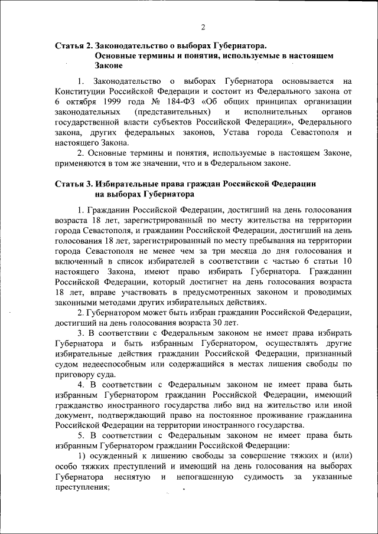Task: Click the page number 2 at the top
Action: [x=203, y=27]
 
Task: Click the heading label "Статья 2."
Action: [x=73, y=45]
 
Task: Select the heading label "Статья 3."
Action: [x=73, y=184]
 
